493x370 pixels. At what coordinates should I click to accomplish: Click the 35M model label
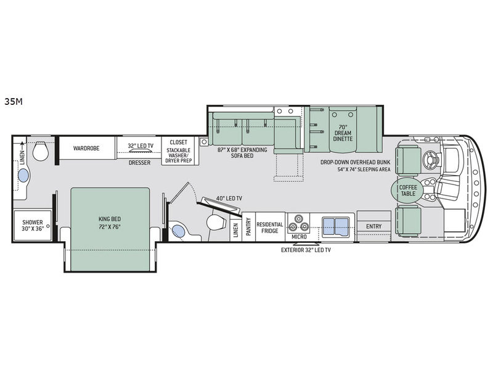click(14, 102)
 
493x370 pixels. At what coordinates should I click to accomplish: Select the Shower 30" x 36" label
click(33, 225)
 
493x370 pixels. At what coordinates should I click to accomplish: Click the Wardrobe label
click(86, 148)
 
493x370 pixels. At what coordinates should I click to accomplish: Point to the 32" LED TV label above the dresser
click(141, 146)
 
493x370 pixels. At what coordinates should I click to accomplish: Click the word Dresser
click(140, 162)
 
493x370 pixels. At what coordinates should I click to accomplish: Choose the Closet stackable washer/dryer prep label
click(179, 151)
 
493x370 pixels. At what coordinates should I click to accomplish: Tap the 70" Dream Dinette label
click(343, 133)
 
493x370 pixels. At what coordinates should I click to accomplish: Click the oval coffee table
click(408, 190)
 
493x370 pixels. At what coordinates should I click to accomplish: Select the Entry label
click(374, 226)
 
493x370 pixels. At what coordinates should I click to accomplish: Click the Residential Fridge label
click(270, 228)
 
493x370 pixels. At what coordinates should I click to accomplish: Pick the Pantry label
click(249, 226)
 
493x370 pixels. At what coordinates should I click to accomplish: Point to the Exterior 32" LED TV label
click(306, 250)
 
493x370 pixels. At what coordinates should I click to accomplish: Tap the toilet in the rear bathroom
click(41, 150)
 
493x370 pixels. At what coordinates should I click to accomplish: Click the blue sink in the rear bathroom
click(23, 175)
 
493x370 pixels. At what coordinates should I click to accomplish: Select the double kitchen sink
click(336, 226)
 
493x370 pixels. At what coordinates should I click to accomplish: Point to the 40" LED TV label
click(229, 198)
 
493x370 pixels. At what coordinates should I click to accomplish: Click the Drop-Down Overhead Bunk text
click(356, 162)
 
